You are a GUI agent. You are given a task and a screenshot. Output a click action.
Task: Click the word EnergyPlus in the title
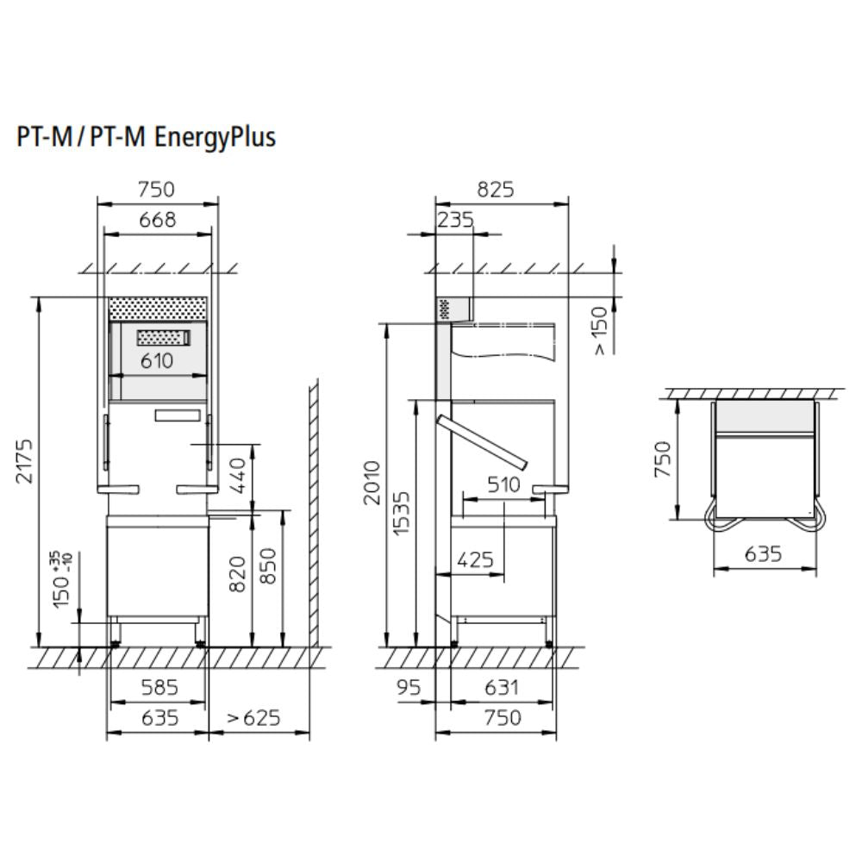pyautogui.click(x=215, y=138)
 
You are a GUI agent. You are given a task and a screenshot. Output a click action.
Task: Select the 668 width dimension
pyautogui.click(x=158, y=220)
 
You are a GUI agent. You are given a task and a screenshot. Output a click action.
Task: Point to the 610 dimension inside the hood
pyautogui.click(x=157, y=361)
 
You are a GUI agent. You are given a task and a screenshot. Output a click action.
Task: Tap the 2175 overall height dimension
pyautogui.click(x=25, y=460)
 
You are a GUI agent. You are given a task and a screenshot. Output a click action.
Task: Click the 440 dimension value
pyautogui.click(x=238, y=476)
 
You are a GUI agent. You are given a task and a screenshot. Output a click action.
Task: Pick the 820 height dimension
pyautogui.click(x=238, y=574)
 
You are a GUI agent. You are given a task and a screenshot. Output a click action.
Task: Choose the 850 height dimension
pyautogui.click(x=268, y=566)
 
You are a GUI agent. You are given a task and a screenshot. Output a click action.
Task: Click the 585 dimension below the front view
pyautogui.click(x=160, y=687)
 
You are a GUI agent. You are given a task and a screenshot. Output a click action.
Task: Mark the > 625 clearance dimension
pyautogui.click(x=254, y=717)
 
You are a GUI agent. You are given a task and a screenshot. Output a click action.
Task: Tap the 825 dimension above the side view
pyautogui.click(x=496, y=190)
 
